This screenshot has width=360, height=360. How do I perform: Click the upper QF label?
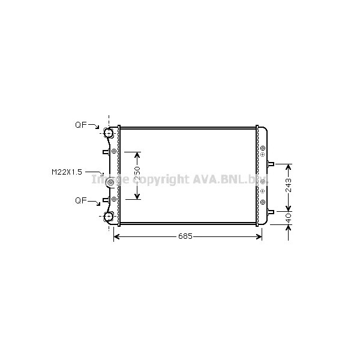tap(80, 125)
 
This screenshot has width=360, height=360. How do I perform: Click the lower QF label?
tap(80, 200)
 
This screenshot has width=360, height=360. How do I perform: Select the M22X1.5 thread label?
tap(66, 172)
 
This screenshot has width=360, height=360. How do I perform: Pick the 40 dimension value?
tap(288, 218)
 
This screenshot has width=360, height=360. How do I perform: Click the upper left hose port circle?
tap(109, 133)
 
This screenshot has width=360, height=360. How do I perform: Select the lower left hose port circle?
tap(109, 217)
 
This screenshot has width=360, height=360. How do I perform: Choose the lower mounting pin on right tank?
tap(271, 211)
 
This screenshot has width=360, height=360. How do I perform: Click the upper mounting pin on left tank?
tap(106, 152)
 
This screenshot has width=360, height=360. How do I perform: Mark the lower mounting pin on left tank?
tap(106, 200)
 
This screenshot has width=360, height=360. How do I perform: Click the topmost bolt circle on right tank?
tap(263, 148)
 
